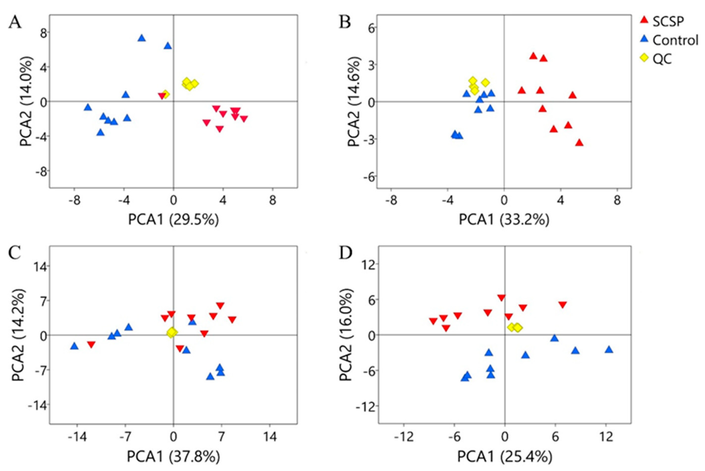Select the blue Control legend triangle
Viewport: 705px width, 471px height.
click(645, 39)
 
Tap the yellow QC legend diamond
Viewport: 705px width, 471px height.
click(645, 59)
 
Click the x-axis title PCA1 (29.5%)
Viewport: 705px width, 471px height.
click(174, 220)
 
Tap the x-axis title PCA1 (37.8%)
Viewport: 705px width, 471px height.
click(174, 457)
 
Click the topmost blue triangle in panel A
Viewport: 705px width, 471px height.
click(142, 38)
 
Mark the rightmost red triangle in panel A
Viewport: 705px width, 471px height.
click(244, 119)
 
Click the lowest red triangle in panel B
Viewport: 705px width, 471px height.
click(579, 143)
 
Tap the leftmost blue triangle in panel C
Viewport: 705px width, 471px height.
click(74, 346)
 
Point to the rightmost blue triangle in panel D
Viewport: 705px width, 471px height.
click(609, 349)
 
